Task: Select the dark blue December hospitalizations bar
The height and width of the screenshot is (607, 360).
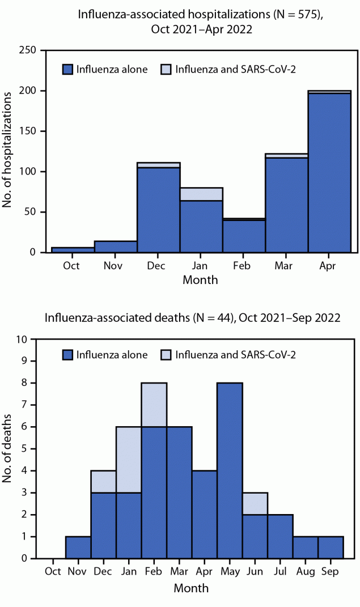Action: click(158, 210)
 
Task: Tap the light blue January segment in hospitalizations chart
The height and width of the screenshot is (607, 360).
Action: click(201, 194)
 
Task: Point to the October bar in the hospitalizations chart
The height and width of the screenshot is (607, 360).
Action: click(73, 250)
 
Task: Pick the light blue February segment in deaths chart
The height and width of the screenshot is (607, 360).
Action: click(154, 404)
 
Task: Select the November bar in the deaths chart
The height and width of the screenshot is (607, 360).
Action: click(78, 547)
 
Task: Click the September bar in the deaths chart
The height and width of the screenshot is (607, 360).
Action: click(331, 547)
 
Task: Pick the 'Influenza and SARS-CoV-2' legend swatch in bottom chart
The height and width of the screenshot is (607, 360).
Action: click(167, 355)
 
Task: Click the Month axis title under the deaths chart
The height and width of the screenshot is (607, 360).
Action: click(191, 588)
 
